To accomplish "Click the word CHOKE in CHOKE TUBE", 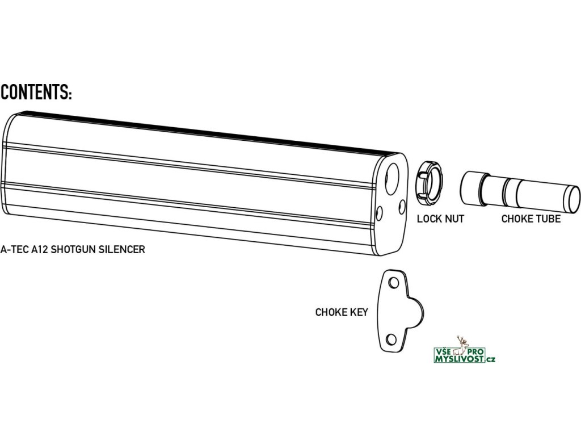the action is click(x=516, y=219).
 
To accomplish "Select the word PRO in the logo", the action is click(x=475, y=353).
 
